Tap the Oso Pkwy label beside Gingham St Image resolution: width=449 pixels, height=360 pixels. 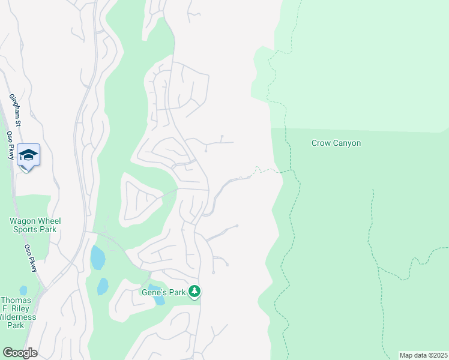pyautogui.click(x=11, y=145)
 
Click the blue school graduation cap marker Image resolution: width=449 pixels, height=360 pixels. pyautogui.click(x=28, y=155)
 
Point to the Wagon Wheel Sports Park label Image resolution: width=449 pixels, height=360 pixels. pyautogui.click(x=35, y=225)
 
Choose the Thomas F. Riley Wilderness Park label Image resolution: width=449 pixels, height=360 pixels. pyautogui.click(x=19, y=313)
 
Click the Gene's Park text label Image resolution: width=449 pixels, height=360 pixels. pyautogui.click(x=163, y=292)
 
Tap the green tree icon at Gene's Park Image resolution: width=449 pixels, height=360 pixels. pyautogui.click(x=194, y=292)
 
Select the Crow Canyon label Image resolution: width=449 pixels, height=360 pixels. pyautogui.click(x=336, y=143)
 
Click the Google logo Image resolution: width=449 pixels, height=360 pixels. pyautogui.click(x=20, y=353)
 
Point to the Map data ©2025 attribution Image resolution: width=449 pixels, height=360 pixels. pyautogui.click(x=423, y=355)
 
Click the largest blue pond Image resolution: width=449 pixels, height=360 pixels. pyautogui.click(x=97, y=258)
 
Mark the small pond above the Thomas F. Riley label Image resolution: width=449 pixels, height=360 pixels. pyautogui.click(x=23, y=290)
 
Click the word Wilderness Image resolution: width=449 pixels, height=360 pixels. pyautogui.click(x=19, y=317)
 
